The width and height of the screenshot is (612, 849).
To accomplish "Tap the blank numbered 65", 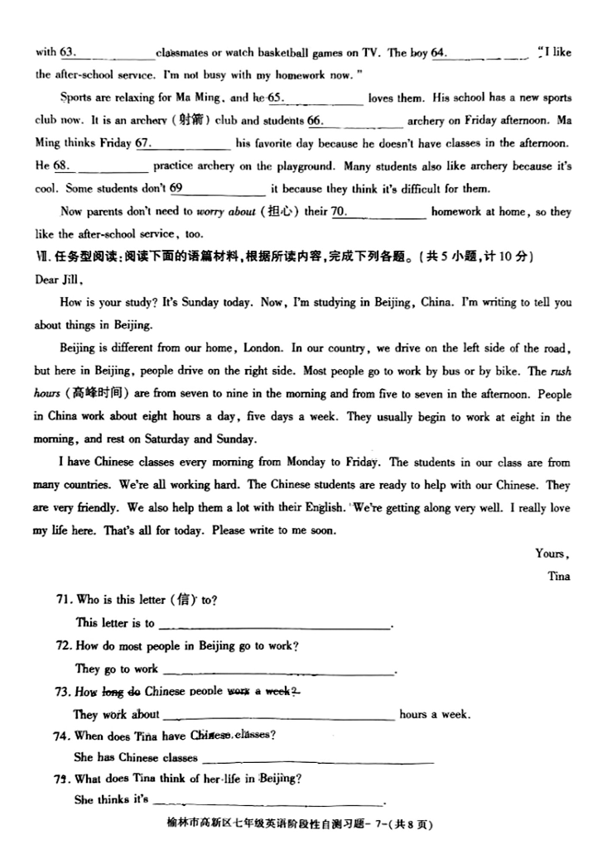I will coord(316,98).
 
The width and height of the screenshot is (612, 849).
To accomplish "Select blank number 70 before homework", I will coord(378,212).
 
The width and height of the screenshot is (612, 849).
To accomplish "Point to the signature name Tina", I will coord(559,576).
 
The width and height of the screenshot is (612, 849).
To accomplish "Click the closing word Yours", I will coord(552,554).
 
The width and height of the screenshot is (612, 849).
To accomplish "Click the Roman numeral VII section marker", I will coord(42,257).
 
